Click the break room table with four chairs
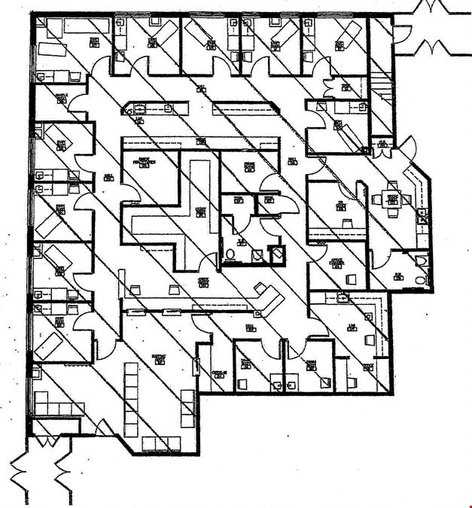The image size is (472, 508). pos(391,199)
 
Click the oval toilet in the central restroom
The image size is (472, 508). pos(232,254)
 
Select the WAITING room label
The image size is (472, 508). pos(159,357)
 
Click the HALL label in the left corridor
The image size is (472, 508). pos(108,179)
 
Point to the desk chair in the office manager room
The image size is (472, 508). pos(349,279)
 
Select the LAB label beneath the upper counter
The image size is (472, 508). pos(139,120)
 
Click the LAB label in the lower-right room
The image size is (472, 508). pos(352,326)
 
